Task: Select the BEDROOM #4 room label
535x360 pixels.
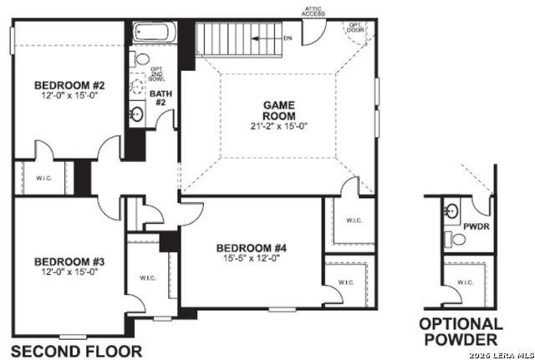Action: point(251,248)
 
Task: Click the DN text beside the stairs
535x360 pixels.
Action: point(288,38)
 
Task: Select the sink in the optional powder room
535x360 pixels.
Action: point(451,209)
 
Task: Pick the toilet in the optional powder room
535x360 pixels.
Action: point(456,240)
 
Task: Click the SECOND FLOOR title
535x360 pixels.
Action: point(75,350)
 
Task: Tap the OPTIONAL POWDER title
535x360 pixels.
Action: point(461,331)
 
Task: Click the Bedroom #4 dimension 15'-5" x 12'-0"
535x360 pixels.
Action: point(251,259)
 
